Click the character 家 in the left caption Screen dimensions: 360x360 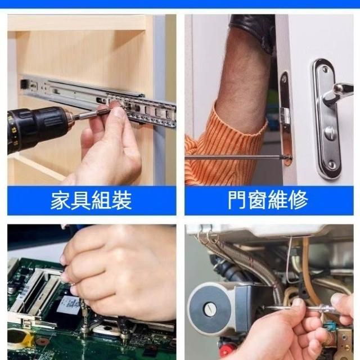(x=60, y=201)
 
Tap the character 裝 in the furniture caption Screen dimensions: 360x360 (x=121, y=201)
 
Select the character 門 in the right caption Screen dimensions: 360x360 (x=237, y=200)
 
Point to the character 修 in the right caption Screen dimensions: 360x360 (x=298, y=200)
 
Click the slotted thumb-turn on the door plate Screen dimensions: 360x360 (x=331, y=133)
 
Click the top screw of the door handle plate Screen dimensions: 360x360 (x=325, y=68)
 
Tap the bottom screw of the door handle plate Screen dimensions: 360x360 (x=332, y=164)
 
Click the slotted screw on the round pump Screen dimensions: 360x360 (x=209, y=309)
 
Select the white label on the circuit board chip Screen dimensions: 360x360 (x=69, y=305)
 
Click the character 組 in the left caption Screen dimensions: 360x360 (x=101, y=201)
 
